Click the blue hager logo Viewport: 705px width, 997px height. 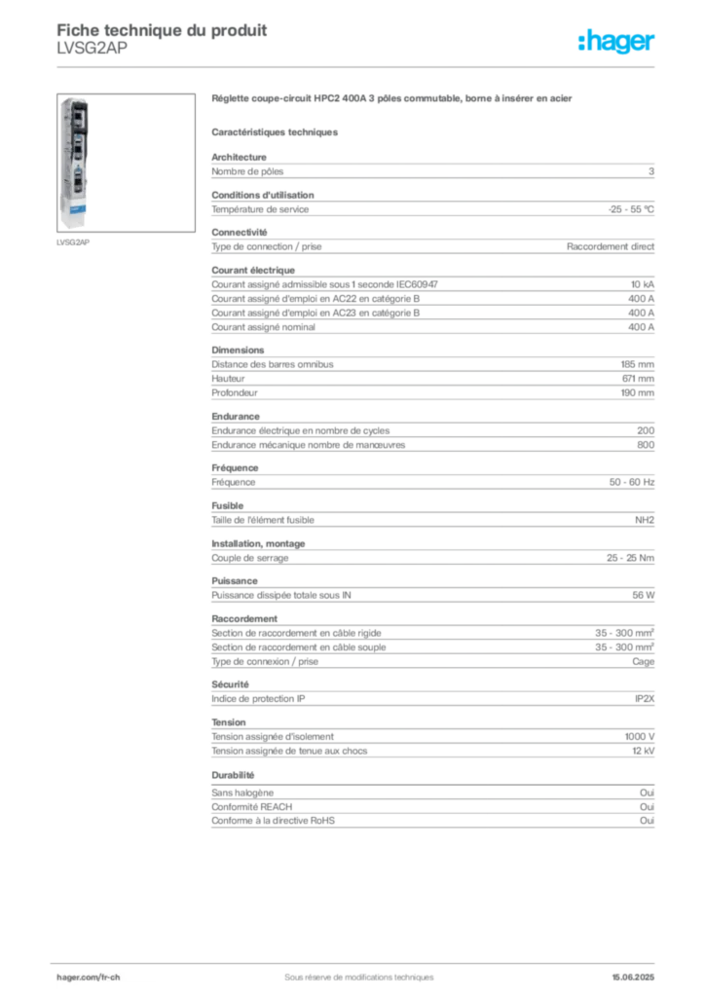click(x=618, y=43)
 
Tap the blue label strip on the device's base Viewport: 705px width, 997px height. click(x=77, y=208)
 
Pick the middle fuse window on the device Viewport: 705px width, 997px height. click(x=77, y=148)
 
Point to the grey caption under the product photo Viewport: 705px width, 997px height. click(x=74, y=243)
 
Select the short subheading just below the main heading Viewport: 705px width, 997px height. click(x=276, y=131)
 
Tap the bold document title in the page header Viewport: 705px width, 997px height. click(x=162, y=25)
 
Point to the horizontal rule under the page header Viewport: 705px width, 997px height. click(x=358, y=66)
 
